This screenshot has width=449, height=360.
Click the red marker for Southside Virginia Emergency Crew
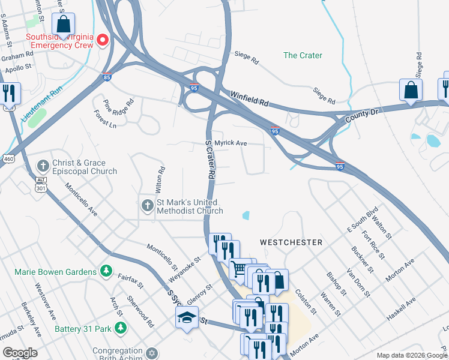102,40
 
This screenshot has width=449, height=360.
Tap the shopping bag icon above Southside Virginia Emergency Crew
63,25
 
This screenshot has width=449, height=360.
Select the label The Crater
303,55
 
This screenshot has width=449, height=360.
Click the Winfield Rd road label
249,98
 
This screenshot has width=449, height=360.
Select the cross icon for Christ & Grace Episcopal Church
43,166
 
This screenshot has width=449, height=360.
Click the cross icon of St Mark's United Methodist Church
147,206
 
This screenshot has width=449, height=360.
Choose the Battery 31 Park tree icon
121,328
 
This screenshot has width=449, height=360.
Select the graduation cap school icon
187,317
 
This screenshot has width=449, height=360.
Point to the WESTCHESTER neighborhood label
291,242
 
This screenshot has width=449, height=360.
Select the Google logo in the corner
20,353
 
